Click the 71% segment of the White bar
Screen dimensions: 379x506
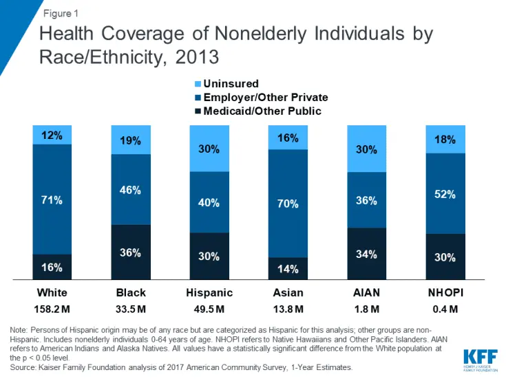[x=52, y=199]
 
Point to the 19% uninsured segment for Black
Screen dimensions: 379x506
[x=131, y=140]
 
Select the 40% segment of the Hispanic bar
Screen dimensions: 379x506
[x=209, y=202]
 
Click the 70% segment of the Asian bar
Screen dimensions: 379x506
[x=288, y=204]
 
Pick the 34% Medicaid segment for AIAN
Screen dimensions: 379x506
[x=366, y=255]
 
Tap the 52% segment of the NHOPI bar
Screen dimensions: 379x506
[x=445, y=194]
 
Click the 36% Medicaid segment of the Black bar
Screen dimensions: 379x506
[x=131, y=252]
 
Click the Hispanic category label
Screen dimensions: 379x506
[x=209, y=292]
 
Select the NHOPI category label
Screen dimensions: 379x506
[x=445, y=292]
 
